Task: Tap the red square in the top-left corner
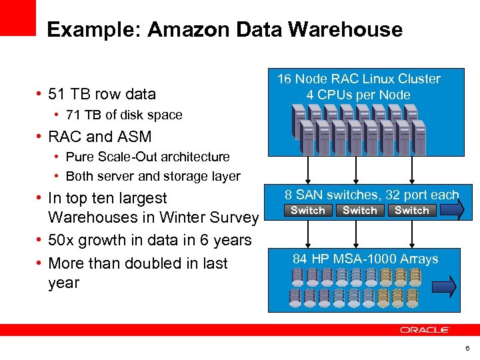point(17,17)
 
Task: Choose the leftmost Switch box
point(308,211)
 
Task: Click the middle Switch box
point(360,211)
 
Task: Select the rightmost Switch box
point(412,211)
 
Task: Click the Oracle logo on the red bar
point(425,330)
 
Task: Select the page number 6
point(467,349)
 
